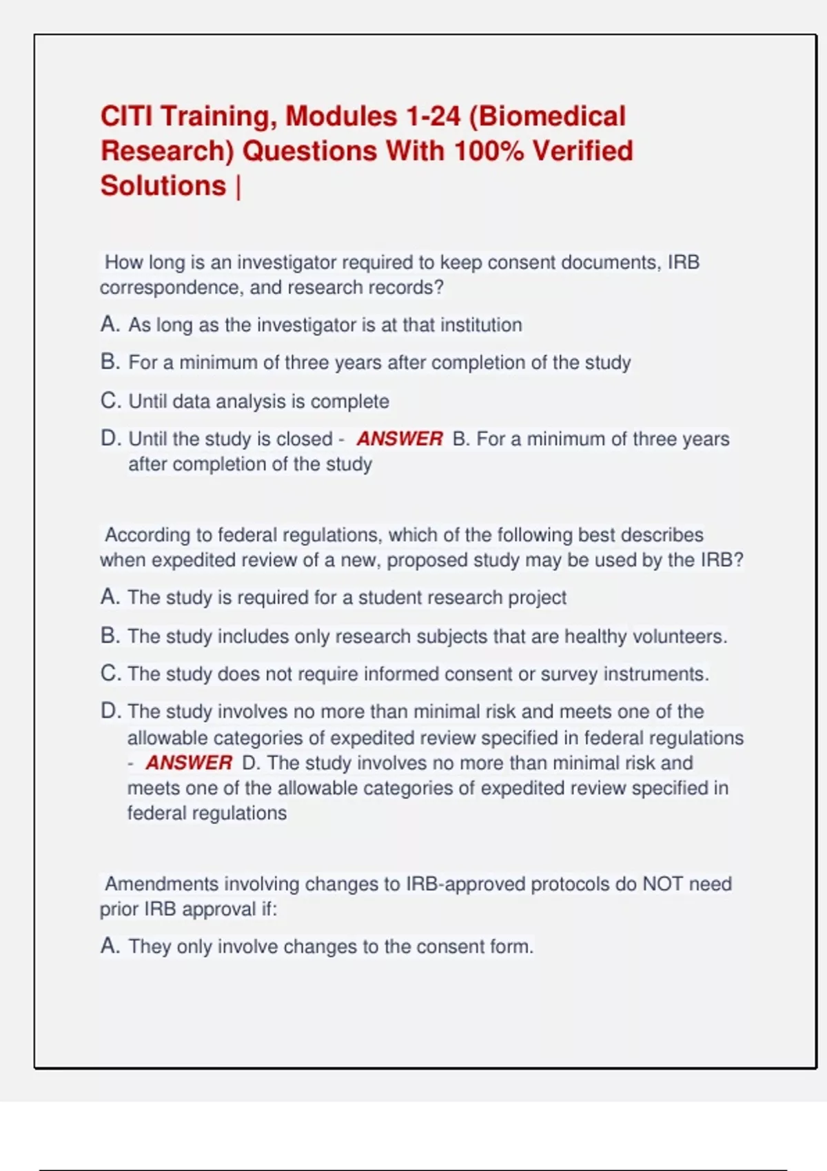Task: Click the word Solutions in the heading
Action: [x=163, y=186]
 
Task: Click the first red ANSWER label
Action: [x=400, y=439]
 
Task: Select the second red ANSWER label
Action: [x=189, y=763]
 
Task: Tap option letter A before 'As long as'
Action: [x=109, y=324]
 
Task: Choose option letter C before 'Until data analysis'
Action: [x=109, y=401]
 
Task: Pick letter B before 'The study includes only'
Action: [x=109, y=636]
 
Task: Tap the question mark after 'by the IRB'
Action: [x=739, y=560]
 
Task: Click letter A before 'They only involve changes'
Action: [x=109, y=946]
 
